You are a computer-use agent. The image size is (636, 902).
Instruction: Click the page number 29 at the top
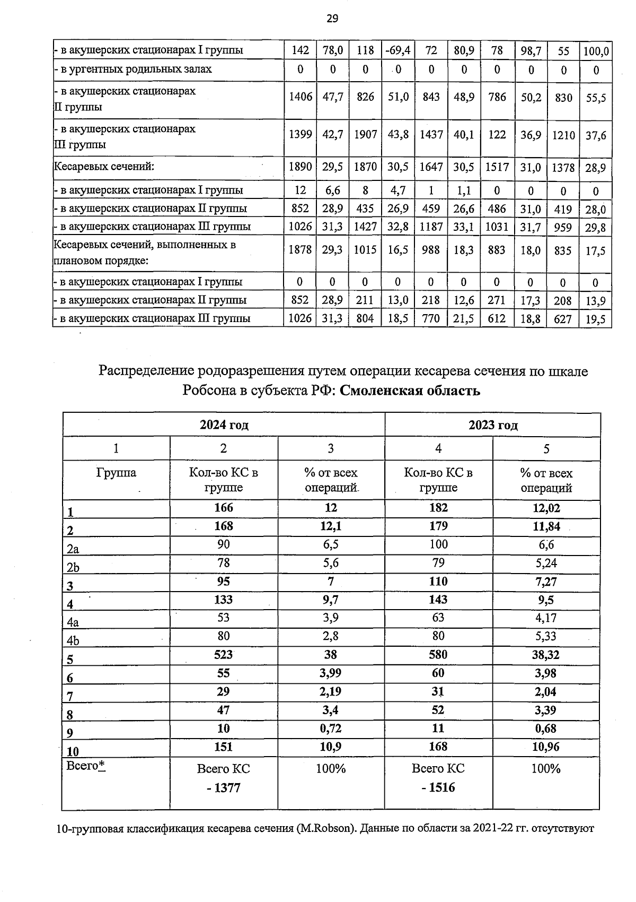click(332, 19)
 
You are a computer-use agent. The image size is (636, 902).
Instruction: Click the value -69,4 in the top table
click(397, 50)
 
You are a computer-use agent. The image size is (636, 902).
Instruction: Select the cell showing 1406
click(300, 97)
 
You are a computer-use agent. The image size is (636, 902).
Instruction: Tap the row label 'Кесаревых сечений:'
click(104, 167)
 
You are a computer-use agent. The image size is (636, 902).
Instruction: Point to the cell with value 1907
click(365, 135)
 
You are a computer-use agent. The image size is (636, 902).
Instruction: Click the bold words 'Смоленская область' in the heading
click(410, 391)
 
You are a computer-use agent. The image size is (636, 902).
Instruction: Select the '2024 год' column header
click(224, 425)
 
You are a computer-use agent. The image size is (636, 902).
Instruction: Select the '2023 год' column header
click(492, 425)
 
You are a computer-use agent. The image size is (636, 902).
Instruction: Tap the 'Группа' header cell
click(116, 472)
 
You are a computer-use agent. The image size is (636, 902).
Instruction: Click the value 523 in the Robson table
click(223, 655)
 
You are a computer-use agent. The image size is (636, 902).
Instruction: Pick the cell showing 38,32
click(546, 655)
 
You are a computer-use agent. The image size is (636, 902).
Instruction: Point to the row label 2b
click(73, 567)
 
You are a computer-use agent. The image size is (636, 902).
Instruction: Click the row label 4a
click(73, 622)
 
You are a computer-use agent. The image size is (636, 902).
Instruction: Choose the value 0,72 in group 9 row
click(331, 728)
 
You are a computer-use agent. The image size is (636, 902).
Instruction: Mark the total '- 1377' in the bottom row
click(223, 788)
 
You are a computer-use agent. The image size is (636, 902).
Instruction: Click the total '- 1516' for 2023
click(438, 787)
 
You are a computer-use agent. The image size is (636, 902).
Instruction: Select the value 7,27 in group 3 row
click(546, 582)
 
